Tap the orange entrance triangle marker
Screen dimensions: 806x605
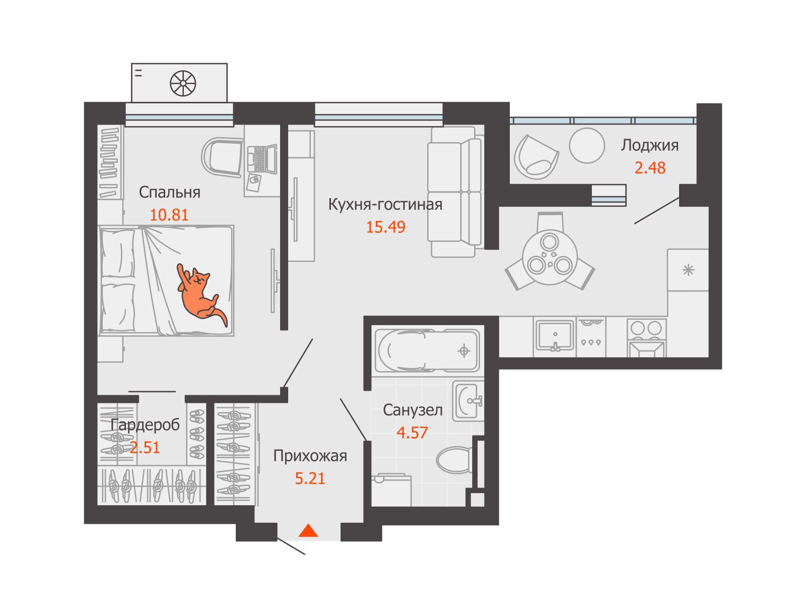[x=308, y=531]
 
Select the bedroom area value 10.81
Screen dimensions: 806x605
[x=169, y=215]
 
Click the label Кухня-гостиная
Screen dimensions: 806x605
[x=385, y=204]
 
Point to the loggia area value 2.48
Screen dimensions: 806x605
[x=650, y=168]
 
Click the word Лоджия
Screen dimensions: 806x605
[x=649, y=146]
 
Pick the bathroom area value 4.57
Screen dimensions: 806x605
[x=412, y=433]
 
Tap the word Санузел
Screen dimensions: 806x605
[x=413, y=410]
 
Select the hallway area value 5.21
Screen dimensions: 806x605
[x=310, y=478]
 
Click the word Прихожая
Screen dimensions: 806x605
[x=310, y=456]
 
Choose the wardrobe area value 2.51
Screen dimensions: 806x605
[x=145, y=448]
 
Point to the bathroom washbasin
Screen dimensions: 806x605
[x=468, y=401]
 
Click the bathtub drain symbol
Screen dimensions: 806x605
[x=464, y=351]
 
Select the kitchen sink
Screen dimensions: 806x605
[x=555, y=335]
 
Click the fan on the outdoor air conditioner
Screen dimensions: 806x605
[x=183, y=83]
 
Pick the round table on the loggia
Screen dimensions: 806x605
[x=587, y=145]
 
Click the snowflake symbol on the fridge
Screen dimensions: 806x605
[x=688, y=270]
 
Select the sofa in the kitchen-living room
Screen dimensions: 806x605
[x=454, y=192]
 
